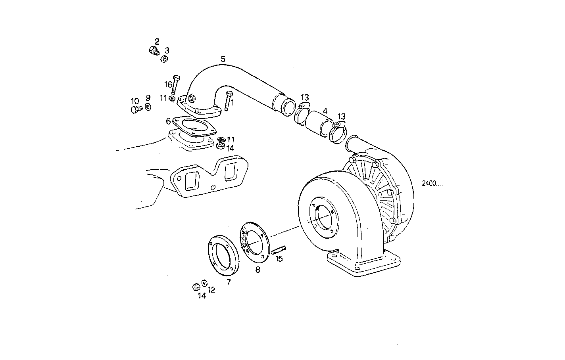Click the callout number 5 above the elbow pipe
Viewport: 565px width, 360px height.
point(223,59)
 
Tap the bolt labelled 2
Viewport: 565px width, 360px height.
point(154,50)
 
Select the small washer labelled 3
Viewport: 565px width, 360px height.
point(164,59)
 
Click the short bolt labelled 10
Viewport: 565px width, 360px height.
point(136,109)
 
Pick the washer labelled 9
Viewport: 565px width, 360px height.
point(148,107)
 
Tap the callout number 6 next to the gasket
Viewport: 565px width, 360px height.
point(168,121)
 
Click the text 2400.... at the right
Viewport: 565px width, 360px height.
point(432,184)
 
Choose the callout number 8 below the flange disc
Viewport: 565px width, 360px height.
point(258,270)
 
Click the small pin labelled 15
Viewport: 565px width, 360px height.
point(279,250)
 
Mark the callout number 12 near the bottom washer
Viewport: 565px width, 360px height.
point(212,290)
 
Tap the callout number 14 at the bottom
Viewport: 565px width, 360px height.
point(202,295)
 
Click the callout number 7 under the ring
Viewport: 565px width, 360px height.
point(229,282)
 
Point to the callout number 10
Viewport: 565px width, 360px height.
point(135,101)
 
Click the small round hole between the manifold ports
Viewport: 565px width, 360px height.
point(213,187)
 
